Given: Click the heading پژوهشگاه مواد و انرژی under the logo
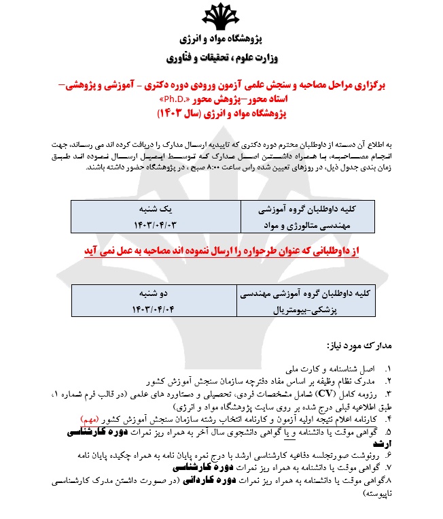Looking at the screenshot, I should (221, 41).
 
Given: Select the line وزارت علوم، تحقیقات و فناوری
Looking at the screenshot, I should (221, 58).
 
